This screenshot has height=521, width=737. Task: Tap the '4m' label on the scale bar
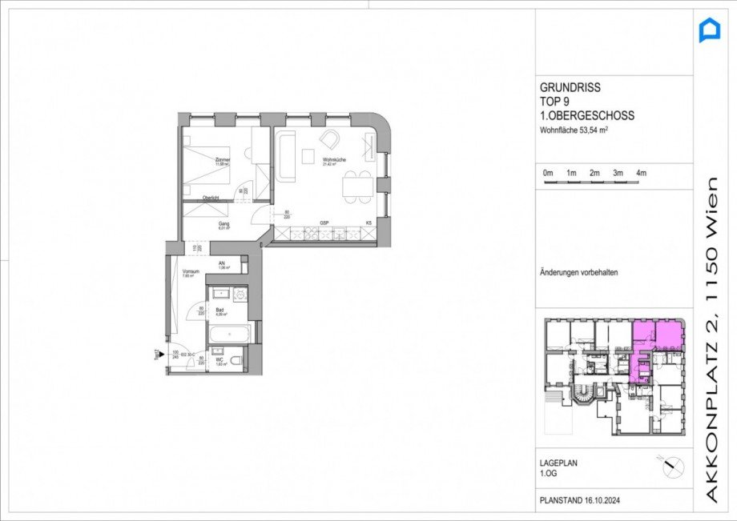tap(641, 173)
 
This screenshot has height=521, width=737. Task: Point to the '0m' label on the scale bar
tap(548, 173)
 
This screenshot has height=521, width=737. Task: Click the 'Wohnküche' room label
tap(333, 158)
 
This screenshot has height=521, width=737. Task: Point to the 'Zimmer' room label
tap(223, 160)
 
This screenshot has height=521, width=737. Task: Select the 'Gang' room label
tap(224, 223)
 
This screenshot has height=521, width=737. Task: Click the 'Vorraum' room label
tap(191, 272)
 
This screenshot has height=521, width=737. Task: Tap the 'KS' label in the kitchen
tap(369, 222)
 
